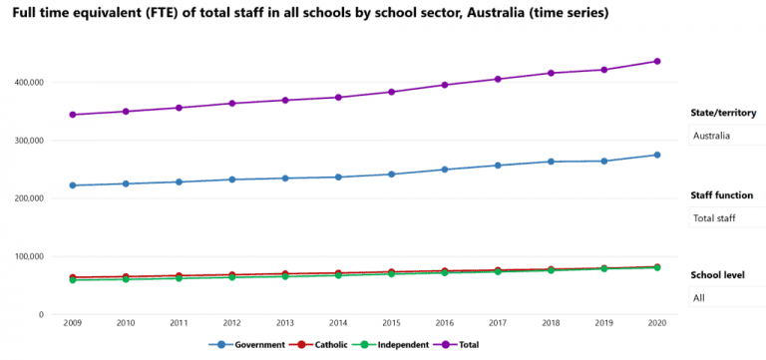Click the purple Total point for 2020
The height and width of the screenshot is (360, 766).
657,61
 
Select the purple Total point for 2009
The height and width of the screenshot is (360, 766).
72,115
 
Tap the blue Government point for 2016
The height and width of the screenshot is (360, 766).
444,170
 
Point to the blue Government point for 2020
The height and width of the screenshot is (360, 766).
657,155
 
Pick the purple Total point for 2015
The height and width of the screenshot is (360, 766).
391,92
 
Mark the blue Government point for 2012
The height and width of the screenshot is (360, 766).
231,180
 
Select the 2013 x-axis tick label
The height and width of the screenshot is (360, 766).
284,323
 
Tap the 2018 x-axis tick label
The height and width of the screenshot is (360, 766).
551,323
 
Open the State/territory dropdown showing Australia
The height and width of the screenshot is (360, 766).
727,136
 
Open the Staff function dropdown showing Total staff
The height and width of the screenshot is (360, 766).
727,217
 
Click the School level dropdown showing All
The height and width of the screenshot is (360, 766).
727,297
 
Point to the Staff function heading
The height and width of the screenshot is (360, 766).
725,194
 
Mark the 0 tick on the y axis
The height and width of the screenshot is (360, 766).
40,314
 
